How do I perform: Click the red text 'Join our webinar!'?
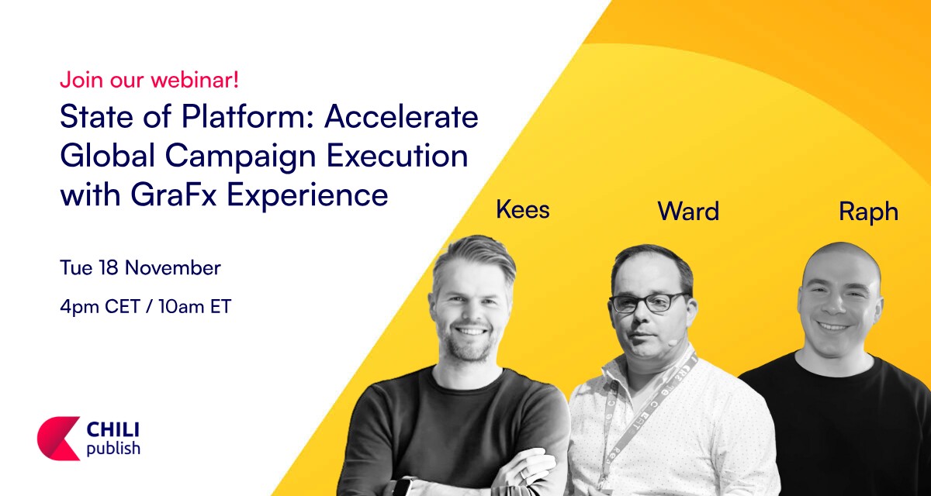[149, 79]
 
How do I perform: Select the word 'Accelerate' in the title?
[402, 116]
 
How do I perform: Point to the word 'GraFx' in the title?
[173, 195]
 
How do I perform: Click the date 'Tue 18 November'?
[140, 267]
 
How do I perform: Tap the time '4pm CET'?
[100, 308]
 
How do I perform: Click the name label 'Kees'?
[523, 209]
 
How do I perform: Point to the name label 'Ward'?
[688, 212]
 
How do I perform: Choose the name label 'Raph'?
[868, 213]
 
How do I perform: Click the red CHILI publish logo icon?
[58, 439]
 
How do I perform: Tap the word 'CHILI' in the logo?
[113, 430]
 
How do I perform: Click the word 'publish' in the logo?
[113, 449]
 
